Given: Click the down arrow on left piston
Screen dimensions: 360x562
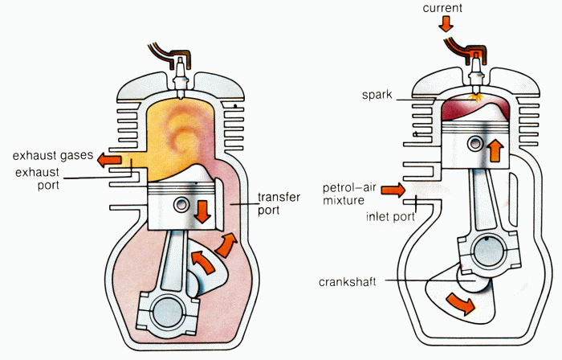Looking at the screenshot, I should (202, 211).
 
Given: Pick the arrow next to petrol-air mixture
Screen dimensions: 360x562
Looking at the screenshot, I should (393, 190).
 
